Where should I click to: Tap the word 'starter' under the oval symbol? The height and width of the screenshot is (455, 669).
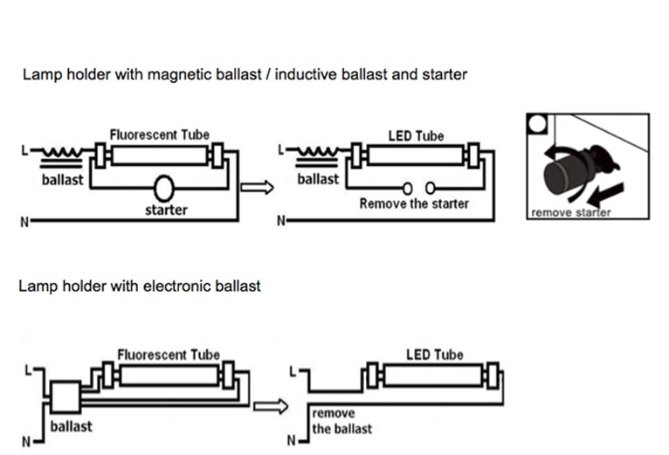click(167, 210)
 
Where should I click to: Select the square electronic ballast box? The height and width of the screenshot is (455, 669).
click(66, 397)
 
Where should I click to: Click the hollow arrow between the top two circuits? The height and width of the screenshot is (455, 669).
click(257, 188)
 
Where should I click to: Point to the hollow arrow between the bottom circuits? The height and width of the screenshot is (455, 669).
click(271, 406)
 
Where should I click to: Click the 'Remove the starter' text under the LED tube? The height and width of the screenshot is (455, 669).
click(414, 203)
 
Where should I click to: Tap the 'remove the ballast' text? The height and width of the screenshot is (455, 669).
click(342, 421)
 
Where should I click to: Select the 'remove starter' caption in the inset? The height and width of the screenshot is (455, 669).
click(571, 212)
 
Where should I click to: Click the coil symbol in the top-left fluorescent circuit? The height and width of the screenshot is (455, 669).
click(62, 152)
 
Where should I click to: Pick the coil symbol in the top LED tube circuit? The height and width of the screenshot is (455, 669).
click(318, 152)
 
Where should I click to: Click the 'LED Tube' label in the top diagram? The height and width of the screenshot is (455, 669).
click(416, 136)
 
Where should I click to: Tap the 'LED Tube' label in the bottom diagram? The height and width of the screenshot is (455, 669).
click(435, 355)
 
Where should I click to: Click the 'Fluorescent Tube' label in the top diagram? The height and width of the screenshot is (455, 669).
click(160, 134)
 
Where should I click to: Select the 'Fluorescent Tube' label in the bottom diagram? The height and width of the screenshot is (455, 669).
click(169, 355)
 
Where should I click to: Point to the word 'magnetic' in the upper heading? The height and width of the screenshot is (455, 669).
click(180, 75)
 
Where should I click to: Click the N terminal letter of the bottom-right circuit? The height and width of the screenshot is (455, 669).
click(292, 440)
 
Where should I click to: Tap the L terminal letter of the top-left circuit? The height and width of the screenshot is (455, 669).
click(24, 151)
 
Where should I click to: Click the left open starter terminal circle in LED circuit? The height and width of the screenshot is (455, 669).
click(408, 189)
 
